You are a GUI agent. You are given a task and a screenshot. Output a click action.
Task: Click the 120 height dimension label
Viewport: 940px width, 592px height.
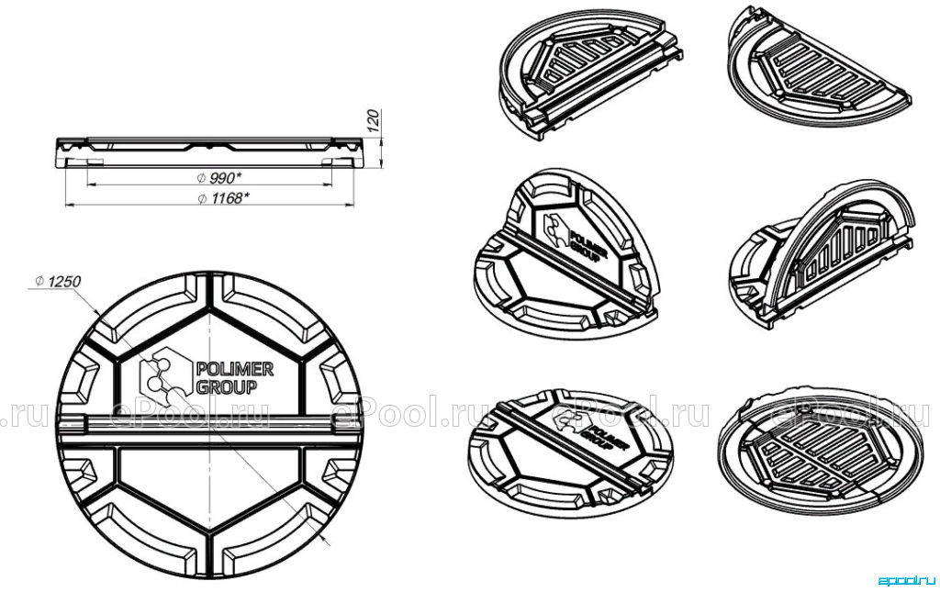[x=373, y=121]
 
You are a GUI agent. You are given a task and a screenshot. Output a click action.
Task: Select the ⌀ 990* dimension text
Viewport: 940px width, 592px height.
[x=219, y=177]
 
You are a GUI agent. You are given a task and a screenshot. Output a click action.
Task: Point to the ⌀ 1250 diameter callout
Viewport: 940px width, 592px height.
[x=58, y=281]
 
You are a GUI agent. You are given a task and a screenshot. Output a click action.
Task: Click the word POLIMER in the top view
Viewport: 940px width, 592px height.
[x=235, y=369]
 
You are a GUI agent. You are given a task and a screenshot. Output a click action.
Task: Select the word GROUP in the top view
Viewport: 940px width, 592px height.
[x=227, y=387]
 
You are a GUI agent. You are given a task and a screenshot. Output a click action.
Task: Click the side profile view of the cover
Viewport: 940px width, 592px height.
[x=210, y=153]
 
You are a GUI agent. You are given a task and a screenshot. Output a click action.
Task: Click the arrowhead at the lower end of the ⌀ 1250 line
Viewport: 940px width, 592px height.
[x=328, y=542]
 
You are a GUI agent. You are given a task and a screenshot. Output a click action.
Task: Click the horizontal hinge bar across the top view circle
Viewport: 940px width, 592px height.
[x=210, y=430]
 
